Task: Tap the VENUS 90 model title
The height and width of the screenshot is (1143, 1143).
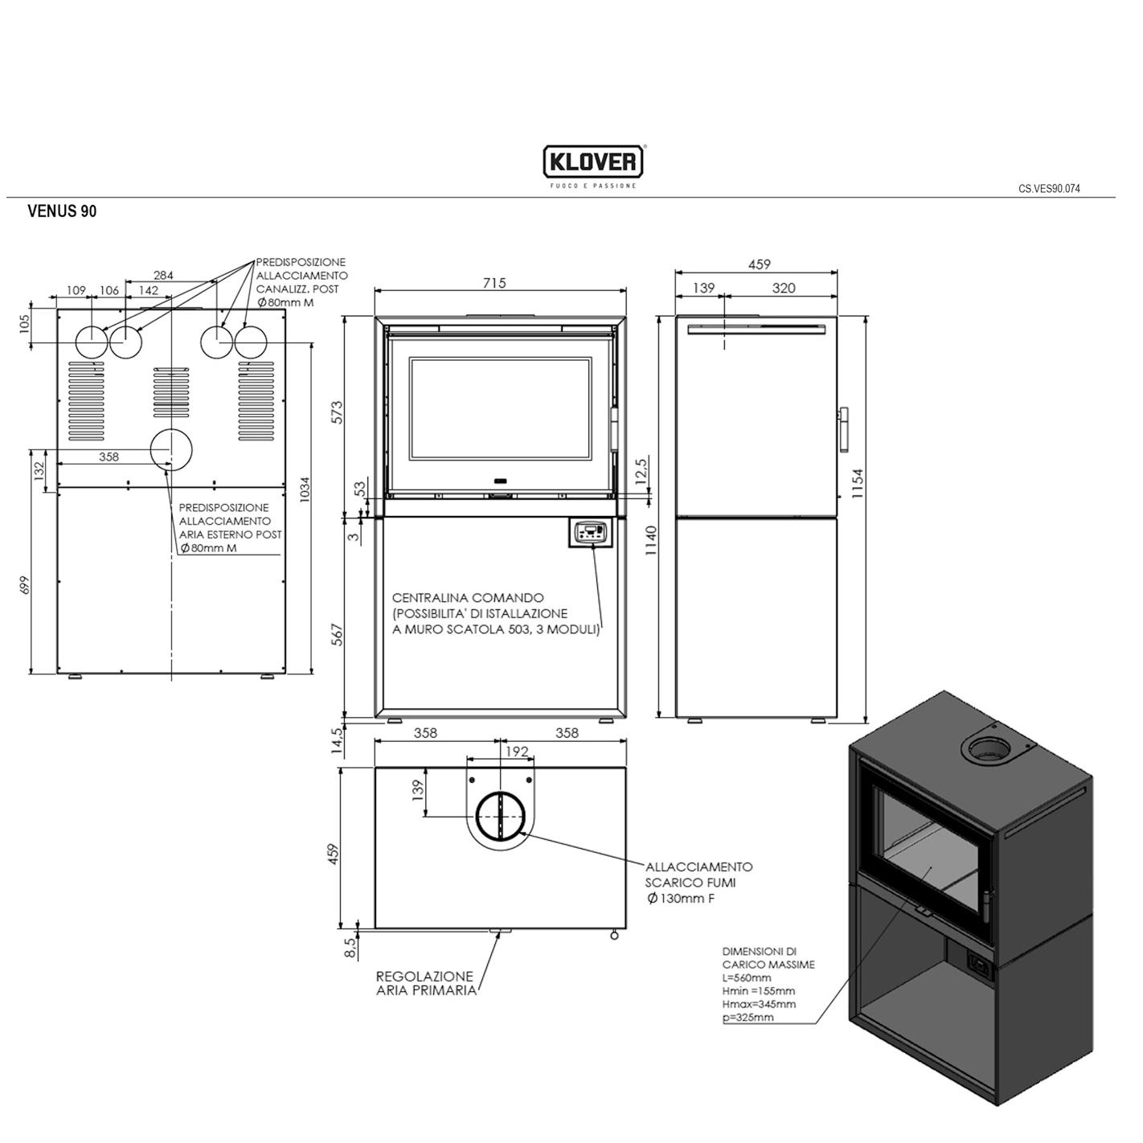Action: click(62, 211)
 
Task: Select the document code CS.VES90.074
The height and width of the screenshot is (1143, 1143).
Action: click(1049, 189)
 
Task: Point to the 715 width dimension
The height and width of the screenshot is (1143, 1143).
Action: click(494, 283)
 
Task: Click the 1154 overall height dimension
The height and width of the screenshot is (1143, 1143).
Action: click(858, 483)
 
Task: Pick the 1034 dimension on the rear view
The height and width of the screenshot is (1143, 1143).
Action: click(305, 490)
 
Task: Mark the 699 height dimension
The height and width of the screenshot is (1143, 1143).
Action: click(24, 585)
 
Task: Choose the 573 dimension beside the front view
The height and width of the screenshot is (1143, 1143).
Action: click(336, 413)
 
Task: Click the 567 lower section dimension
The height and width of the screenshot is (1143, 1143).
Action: click(336, 635)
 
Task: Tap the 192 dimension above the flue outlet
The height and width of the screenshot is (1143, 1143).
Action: click(517, 752)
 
